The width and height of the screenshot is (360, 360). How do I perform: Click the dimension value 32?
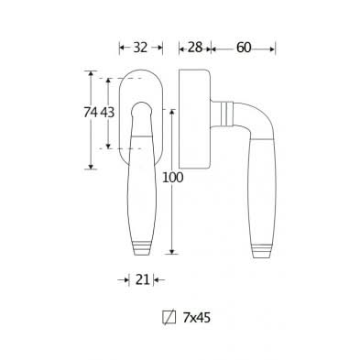click(140, 48)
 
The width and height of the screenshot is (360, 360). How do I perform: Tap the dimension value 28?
click(195, 48)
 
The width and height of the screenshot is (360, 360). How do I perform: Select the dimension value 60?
click(244, 48)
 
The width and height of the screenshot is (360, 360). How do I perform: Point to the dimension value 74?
click(91, 113)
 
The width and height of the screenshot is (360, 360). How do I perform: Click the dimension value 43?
click(107, 113)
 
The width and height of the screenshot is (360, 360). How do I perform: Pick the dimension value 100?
click(172, 178)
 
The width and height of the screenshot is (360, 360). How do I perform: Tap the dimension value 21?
click(142, 279)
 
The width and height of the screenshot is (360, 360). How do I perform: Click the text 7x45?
click(197, 318)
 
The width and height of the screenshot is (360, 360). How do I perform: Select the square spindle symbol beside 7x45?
click(169, 318)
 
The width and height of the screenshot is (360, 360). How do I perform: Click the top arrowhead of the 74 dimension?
click(91, 73)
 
